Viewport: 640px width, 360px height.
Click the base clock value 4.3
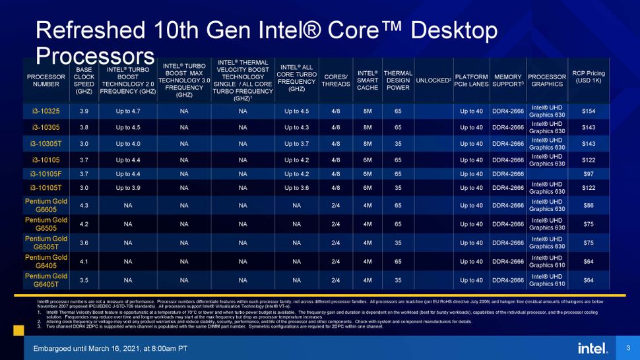(84, 205)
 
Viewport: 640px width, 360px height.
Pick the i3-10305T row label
(46, 143)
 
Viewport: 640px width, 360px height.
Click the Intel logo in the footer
(592, 347)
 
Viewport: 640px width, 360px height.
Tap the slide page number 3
(627, 347)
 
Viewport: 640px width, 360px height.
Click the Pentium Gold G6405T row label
(46, 280)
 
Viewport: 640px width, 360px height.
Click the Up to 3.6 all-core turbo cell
(296, 188)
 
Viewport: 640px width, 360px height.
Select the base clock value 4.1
(84, 261)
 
